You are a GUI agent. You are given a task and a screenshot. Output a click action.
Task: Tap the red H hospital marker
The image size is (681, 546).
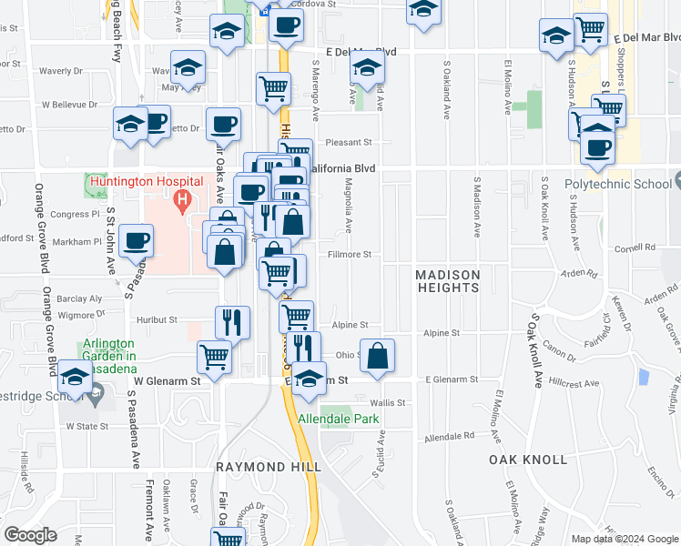click(183, 198)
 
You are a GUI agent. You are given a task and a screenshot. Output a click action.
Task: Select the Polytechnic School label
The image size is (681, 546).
click(616, 184)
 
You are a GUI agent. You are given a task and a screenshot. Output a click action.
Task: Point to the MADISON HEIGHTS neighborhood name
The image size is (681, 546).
click(447, 281)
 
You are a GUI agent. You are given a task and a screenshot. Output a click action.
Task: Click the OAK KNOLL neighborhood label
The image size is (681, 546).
click(528, 460)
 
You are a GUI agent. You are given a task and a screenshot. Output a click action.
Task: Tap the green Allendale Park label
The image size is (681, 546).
click(340, 420)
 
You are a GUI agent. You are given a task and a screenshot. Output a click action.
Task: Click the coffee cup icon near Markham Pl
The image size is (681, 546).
click(137, 240)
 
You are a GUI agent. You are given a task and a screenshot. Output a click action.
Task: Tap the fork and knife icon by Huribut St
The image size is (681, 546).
click(232, 321)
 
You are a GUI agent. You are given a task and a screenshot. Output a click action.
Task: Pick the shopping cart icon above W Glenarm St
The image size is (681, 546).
click(214, 357)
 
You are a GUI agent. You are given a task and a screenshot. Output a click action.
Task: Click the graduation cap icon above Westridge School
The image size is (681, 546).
click(75, 378)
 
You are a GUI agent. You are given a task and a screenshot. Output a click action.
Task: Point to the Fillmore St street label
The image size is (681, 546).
click(350, 255)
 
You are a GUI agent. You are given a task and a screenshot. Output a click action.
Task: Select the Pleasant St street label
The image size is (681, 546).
click(350, 142)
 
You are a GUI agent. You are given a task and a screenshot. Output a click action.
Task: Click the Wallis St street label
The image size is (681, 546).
click(388, 401)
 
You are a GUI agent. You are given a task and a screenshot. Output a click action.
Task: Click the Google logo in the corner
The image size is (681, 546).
click(30, 534)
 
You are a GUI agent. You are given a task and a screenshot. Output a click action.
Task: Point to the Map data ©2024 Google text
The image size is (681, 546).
click(624, 539)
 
